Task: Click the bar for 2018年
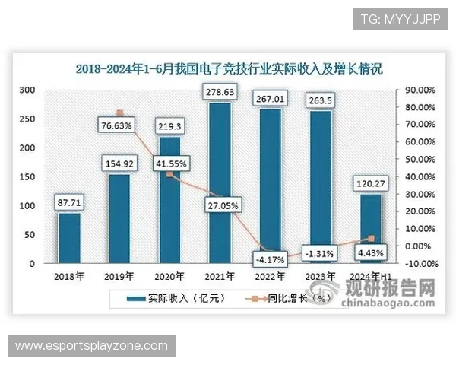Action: point(69,238)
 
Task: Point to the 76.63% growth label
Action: point(119,125)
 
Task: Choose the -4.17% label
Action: point(270,259)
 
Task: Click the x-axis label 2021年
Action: point(220,277)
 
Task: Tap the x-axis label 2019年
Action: point(119,277)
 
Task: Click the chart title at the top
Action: point(229,68)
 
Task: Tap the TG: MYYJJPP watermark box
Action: point(401,18)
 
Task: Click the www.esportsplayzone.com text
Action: point(91,346)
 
